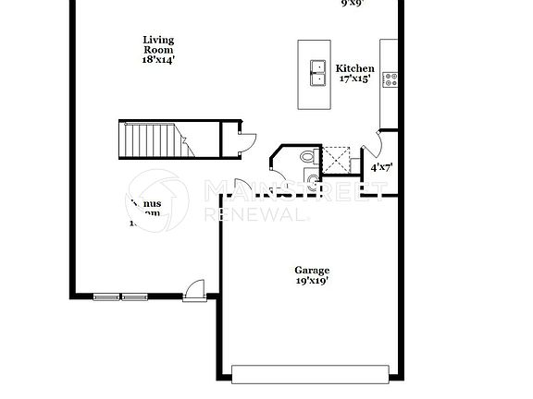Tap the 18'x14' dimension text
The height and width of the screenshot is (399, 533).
(158, 59)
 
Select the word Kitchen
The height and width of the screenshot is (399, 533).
(354, 68)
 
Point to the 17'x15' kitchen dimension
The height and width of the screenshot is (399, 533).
(354, 79)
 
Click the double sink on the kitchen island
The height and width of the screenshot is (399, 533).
(317, 73)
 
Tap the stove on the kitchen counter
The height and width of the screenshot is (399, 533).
(390, 79)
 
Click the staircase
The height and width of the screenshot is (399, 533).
(153, 139)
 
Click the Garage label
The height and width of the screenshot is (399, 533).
(313, 270)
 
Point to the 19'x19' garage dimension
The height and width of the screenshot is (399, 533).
(313, 280)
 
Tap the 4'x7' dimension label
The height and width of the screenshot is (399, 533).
(380, 168)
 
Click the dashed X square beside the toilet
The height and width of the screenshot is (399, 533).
(335, 159)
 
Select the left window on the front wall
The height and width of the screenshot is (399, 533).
(106, 296)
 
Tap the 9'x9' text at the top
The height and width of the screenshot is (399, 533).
(353, 3)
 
